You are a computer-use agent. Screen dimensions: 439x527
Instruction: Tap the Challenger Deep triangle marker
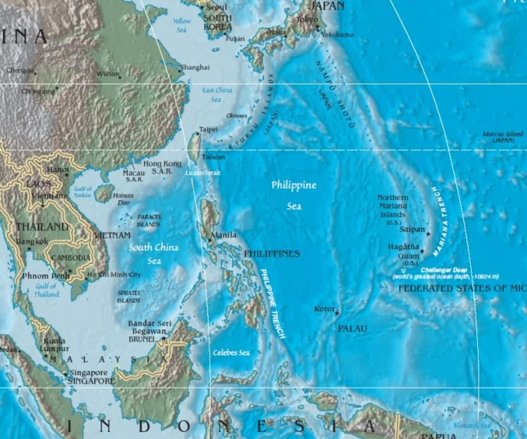tap(403, 271)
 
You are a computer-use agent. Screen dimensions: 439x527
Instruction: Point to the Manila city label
tap(224, 235)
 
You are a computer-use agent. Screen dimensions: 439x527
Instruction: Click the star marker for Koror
tap(337, 313)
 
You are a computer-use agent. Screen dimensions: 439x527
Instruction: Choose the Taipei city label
tap(208, 130)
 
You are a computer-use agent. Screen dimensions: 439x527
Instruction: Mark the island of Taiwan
tap(194, 148)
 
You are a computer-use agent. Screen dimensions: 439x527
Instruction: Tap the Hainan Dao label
tap(123, 199)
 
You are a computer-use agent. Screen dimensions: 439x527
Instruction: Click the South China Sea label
tap(154, 254)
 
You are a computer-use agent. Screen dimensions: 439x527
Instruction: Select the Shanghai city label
tap(195, 67)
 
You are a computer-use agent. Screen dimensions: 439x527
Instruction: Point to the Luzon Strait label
tap(202, 173)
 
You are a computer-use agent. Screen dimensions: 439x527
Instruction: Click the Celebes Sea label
tap(231, 353)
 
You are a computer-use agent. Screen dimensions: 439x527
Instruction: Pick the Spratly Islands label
tap(129, 296)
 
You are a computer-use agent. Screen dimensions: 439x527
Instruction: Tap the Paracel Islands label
tap(149, 220)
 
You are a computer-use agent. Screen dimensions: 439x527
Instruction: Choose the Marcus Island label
tap(503, 137)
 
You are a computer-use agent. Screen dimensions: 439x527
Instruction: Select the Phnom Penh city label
tap(46, 276)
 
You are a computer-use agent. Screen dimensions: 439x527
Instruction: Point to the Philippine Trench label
tap(273, 303)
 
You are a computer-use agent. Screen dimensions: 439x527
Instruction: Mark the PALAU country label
tap(352, 328)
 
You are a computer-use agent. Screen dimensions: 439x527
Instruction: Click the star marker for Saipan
tap(428, 234)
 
